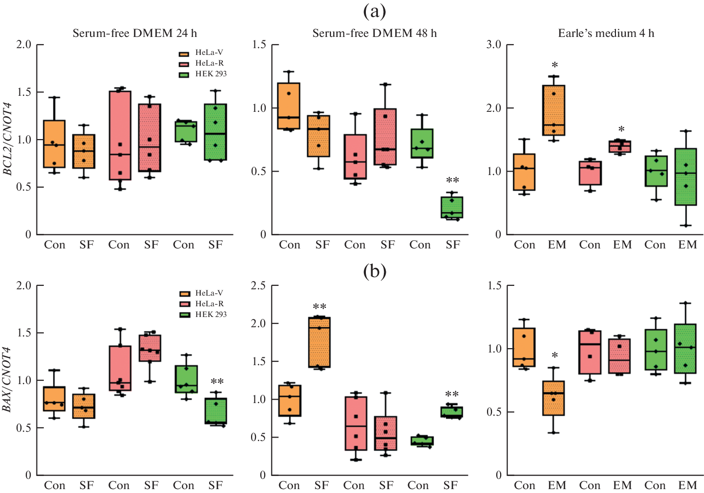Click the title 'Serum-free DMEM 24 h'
point(135,33)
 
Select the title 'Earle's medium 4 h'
point(606,33)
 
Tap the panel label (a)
point(375,11)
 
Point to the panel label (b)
point(375,271)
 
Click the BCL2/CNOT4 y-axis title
point(8,139)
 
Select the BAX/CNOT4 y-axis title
point(8,379)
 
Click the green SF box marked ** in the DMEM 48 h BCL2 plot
point(452,207)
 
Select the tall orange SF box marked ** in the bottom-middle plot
point(320,342)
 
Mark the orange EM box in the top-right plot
point(554,110)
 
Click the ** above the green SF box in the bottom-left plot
point(217,382)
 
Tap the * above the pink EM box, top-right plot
point(621,129)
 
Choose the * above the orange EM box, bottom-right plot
point(555,355)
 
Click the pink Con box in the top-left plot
point(120,135)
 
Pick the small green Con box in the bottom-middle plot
point(419,440)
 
